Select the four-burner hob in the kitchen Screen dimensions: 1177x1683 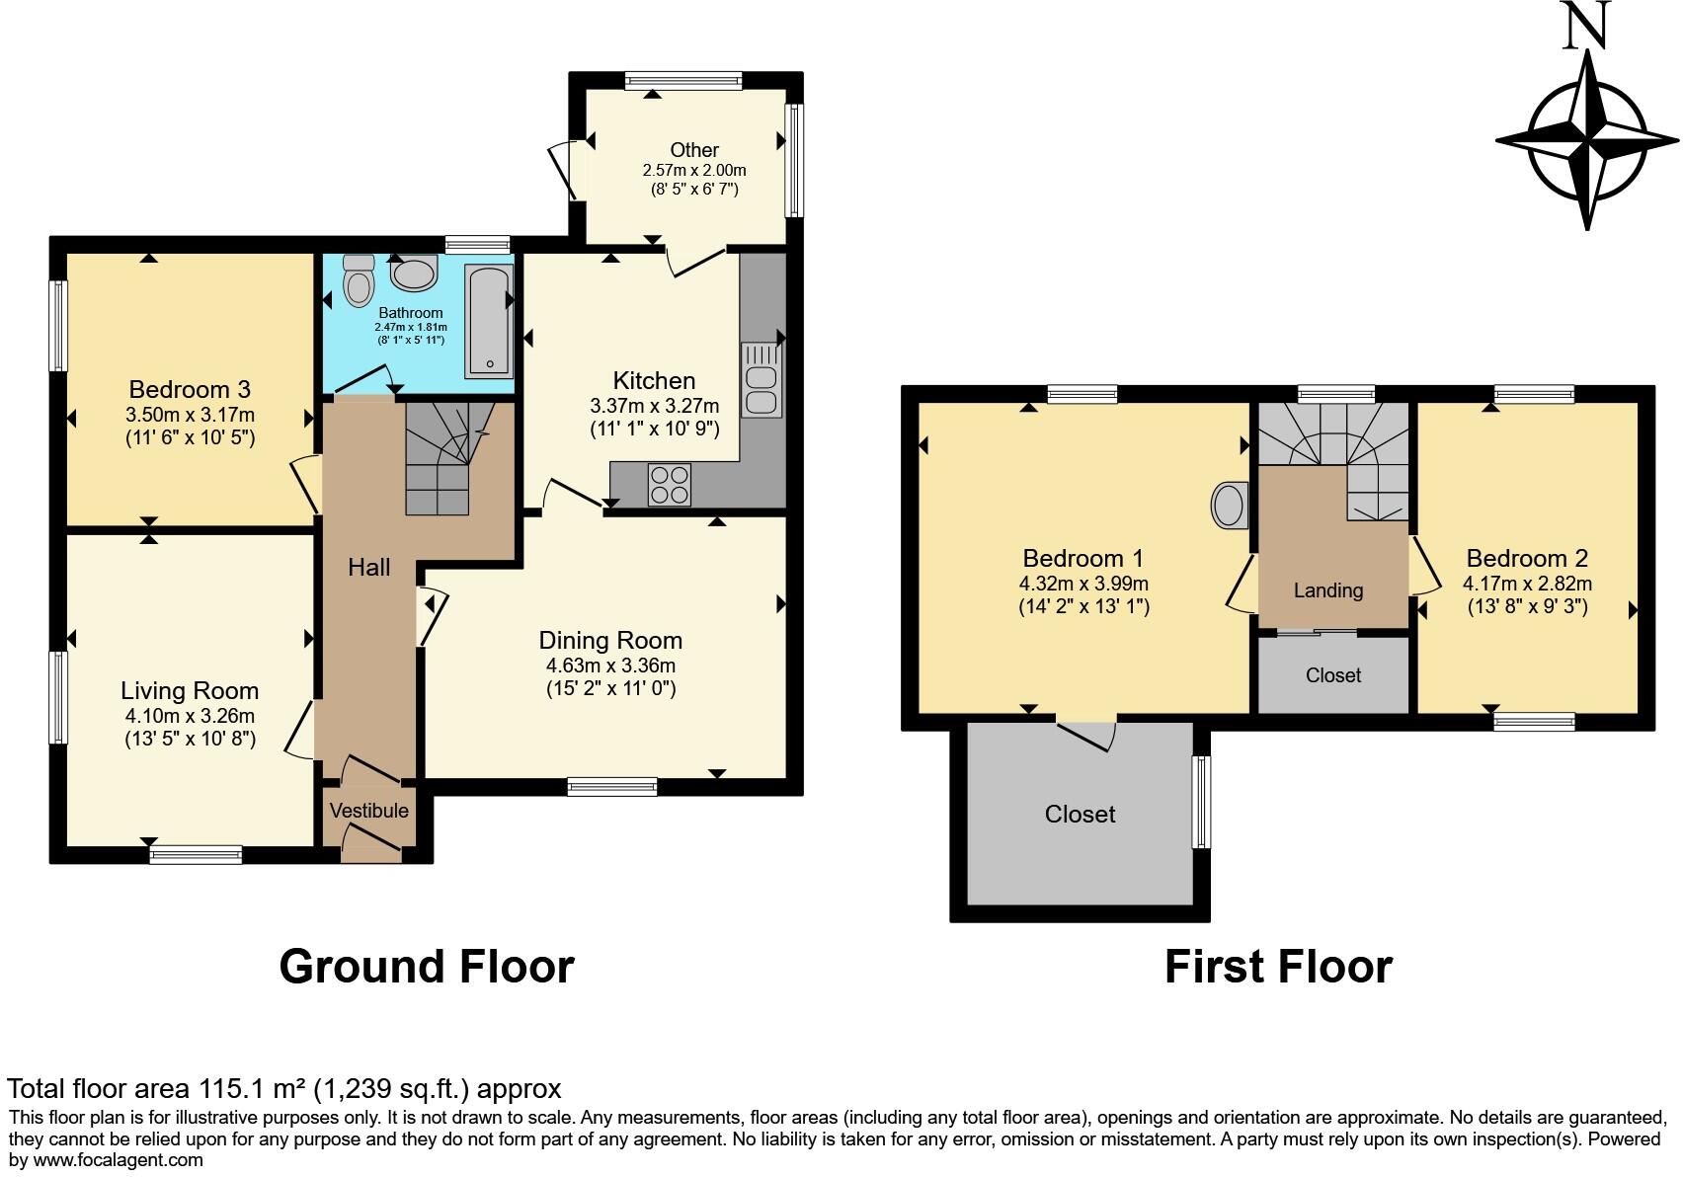pos(669,485)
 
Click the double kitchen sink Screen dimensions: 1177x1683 pos(762,379)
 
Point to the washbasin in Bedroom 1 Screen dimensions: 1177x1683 pos(1229,506)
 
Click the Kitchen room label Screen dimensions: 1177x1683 pos(654,381)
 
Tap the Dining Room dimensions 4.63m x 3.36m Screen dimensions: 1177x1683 pos(610,666)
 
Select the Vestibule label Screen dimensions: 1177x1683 pos(368,811)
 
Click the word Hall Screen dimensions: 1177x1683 pos(368,567)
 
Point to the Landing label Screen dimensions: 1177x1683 pos(1328,590)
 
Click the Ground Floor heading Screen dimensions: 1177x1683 pos(427,966)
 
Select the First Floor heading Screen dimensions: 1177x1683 pos(1278,966)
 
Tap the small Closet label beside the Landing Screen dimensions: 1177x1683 pos(1333,675)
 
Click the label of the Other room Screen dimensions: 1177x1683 pos(694,150)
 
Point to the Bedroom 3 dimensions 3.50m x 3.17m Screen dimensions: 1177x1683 pos(191,415)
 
